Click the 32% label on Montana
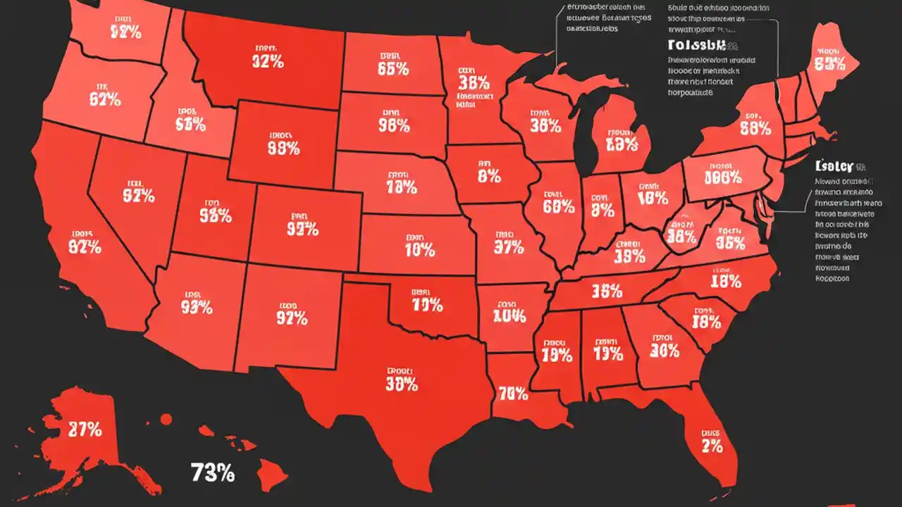267,61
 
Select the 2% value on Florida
712,445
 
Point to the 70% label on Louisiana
513,393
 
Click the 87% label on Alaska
85,428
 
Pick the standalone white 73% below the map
212,473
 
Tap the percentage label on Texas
402,384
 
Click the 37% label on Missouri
509,246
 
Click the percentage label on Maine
829,63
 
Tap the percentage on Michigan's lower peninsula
620,144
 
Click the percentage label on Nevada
138,196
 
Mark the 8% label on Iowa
489,176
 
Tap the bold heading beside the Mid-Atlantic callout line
834,166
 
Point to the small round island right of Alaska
166,419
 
